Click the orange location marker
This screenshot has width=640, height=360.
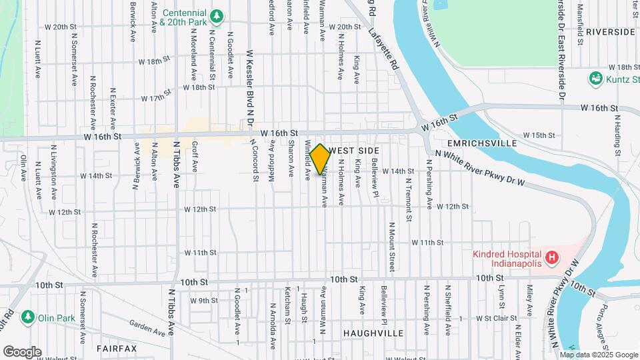coord(320,159)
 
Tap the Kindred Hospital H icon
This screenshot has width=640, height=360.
coord(551,257)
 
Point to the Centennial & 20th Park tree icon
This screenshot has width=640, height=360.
coord(216,15)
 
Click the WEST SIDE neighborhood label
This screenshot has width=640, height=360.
coord(354,151)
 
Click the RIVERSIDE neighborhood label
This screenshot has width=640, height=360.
coord(611,31)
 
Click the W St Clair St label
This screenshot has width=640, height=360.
coord(489,319)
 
